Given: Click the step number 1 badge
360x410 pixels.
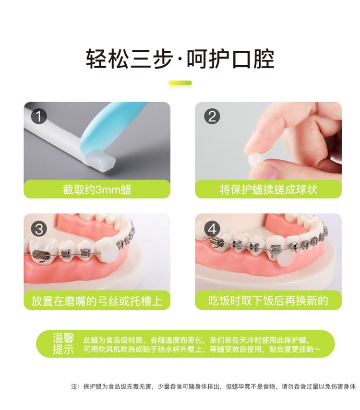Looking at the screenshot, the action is coord(39,117).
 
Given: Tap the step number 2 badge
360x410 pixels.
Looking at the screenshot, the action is coord(212,116).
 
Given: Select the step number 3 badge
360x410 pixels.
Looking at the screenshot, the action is coord(39,229).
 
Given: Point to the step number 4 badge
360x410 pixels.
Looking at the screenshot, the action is coord(212,229).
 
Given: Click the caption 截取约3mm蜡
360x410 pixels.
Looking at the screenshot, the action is coord(97,189).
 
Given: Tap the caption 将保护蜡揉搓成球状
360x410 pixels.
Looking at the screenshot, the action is coord(268,189).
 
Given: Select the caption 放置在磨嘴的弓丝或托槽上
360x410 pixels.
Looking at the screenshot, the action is coord(97,301).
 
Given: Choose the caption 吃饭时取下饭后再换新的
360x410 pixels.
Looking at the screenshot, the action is coord(268,301).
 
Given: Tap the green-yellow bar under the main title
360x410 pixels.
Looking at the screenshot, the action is coord(180,83).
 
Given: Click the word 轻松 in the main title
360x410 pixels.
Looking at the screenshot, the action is coord(108,59).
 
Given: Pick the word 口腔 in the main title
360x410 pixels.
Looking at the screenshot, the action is coord(252,59).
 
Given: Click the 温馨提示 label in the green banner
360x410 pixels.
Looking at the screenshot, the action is coord(63,343).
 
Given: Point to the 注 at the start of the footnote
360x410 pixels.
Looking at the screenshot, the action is coord(74,386).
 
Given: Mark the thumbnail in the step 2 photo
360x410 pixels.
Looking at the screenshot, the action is coord(270,171).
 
